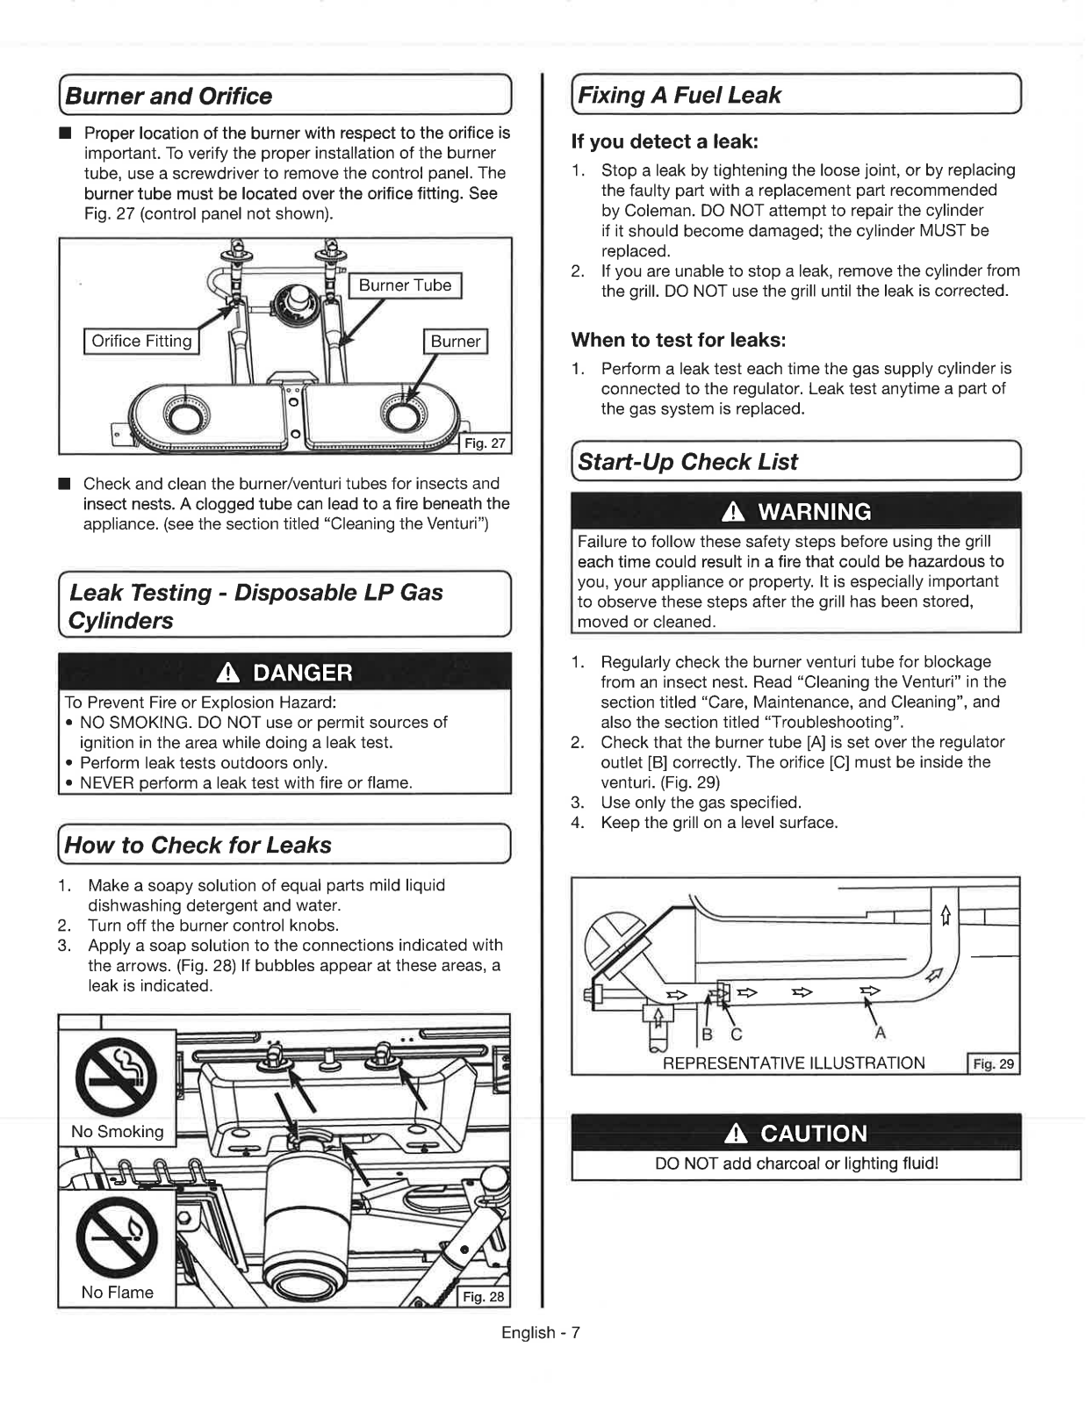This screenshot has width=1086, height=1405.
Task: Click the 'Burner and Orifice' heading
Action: pos(169,96)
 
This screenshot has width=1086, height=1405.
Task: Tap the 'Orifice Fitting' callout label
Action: pos(141,341)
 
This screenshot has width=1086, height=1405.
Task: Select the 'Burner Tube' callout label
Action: pos(405,285)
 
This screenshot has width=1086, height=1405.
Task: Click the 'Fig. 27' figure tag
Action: pos(485,443)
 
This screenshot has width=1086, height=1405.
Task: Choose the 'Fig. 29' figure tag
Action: pos(993,1063)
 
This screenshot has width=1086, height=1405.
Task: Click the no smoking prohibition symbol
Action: pos(117,1074)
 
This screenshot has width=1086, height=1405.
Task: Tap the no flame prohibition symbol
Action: pos(117,1235)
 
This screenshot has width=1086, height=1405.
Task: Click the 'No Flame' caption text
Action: pos(117,1292)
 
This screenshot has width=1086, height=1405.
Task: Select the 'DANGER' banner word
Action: pos(302,673)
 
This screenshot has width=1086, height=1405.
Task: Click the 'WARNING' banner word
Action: pos(814,512)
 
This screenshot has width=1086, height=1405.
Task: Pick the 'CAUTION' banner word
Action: pos(814,1133)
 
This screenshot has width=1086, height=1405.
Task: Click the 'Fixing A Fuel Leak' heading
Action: pos(679,95)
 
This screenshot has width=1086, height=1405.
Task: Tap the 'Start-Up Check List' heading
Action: pos(687,462)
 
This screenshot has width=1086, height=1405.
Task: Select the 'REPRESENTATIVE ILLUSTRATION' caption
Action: pos(794,1063)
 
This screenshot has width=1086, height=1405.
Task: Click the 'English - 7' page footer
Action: pos(541,1332)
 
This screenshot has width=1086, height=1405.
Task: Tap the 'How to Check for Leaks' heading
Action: pos(198,845)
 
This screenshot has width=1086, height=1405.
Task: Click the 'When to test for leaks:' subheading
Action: pos(678,340)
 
